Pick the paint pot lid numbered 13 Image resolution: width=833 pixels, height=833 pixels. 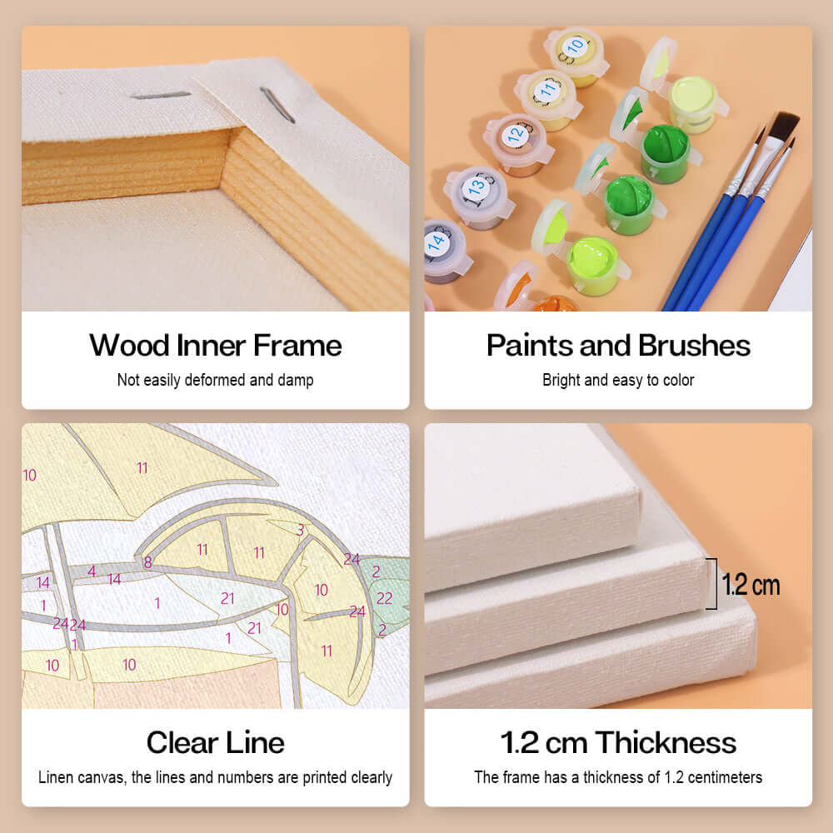pos(476,187)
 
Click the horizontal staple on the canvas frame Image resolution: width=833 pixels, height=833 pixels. pos(161,96)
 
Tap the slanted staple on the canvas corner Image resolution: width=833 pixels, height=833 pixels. pos(277,105)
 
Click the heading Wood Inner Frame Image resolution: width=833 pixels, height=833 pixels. pos(216,346)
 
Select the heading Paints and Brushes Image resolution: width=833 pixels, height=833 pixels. pos(618,346)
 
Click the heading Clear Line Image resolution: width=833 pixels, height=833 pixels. pos(216,742)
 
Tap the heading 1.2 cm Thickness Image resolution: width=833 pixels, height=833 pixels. pos(618,742)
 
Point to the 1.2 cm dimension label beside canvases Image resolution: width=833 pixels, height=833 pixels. pos(751,585)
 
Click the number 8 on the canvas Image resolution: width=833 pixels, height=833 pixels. pos(147,562)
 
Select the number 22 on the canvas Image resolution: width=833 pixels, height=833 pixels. pos(384,598)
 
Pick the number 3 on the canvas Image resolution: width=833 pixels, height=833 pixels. pos(301,530)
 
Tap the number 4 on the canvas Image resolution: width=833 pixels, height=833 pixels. pos(92,571)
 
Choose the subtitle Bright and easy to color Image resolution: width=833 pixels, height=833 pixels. pos(618,380)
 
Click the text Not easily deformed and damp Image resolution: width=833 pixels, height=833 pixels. pos(216,380)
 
